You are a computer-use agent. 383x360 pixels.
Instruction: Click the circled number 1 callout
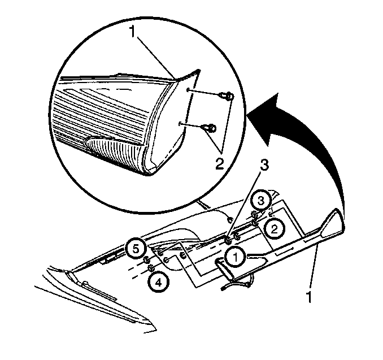tap(236, 258)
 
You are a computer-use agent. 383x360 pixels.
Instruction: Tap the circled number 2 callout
tap(275, 229)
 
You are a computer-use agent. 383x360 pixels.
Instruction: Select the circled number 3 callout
tap(261, 201)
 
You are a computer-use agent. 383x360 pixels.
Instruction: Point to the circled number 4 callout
tap(159, 283)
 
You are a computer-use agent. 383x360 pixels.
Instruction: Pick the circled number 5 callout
tap(136, 249)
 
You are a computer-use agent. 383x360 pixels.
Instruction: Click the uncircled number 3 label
tap(264, 166)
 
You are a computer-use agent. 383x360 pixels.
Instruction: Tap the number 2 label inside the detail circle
tap(219, 164)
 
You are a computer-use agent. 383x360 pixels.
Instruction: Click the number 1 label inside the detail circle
tap(133, 32)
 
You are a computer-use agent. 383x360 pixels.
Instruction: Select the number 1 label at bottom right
tap(309, 297)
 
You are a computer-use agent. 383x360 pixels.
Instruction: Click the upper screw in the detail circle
tap(227, 96)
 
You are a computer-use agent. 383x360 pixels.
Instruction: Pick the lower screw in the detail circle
tap(209, 128)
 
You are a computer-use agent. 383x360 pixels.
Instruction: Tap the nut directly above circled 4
tap(151, 268)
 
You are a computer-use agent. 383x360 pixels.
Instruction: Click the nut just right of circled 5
tap(147, 260)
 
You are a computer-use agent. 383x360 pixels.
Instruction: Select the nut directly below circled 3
tap(255, 215)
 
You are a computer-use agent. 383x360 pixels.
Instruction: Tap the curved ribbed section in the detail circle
tap(114, 153)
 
